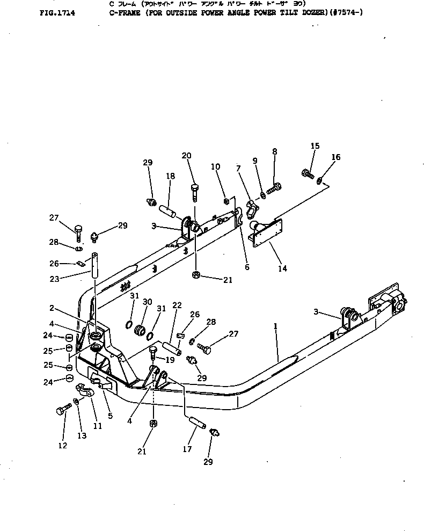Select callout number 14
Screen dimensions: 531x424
coord(282,268)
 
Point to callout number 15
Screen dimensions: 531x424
coord(315,146)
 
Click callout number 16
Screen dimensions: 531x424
coord(336,157)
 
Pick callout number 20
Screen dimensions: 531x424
coord(186,156)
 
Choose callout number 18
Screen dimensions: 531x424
coord(170,176)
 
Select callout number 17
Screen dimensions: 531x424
coord(187,449)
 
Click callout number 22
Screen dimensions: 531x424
coord(177,305)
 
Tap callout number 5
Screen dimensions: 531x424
coord(110,415)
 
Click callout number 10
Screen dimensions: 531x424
coord(216,167)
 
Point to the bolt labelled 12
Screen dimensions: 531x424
coord(61,411)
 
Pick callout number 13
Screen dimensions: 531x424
coord(82,436)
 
